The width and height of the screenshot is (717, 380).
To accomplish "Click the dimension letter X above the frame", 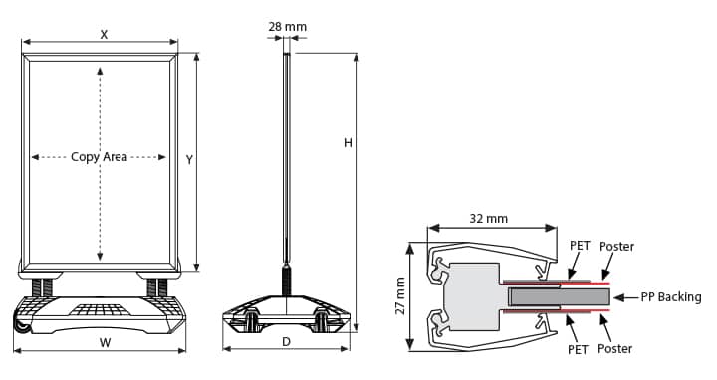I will coord(104,34).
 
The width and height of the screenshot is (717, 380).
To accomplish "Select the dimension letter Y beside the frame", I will coord(188,159).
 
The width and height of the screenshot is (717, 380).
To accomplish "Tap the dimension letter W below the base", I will coord(105,343).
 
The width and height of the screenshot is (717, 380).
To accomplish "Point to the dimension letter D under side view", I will coord(286,341).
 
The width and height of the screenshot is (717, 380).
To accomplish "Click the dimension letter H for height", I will coord(348,143).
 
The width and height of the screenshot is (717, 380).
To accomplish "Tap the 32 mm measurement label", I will coord(488,218).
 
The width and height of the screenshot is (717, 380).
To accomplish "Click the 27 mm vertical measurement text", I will coord(401,296).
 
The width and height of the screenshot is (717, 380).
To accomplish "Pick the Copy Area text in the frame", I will coord(99,157).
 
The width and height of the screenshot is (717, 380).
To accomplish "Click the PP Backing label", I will coord(670,296).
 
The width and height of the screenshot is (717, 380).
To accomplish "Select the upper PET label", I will coord(579,246).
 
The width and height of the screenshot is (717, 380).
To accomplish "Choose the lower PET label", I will coord(579,349).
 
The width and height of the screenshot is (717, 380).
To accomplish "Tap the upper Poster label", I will coord(616,246).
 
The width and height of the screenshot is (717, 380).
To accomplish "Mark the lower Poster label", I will coord(616,349).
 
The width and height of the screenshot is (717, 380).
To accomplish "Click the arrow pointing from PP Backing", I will coord(624,296).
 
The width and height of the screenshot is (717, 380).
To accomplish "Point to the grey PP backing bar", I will coord(558,296).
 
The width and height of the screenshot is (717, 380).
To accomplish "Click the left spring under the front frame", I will coord(43,286).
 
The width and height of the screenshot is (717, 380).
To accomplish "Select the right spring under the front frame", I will coord(156,286).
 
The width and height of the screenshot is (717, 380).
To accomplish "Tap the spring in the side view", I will coord(287,279).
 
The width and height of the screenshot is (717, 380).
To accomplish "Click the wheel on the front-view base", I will coord(19,323).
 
